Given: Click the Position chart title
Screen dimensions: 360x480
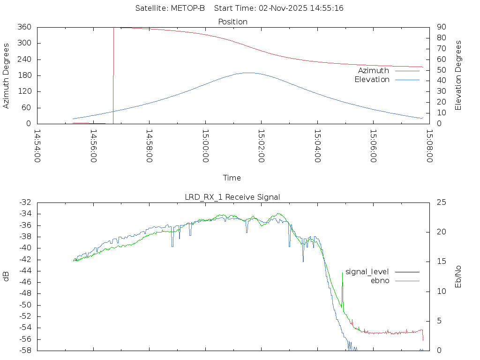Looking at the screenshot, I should click(x=232, y=22).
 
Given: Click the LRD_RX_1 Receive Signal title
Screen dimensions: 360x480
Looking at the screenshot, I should click(x=232, y=197).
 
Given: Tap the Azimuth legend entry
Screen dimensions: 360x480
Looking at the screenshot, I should click(x=374, y=71).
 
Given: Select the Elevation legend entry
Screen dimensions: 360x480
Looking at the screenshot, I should click(x=372, y=80).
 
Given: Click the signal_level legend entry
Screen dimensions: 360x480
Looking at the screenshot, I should click(x=367, y=271).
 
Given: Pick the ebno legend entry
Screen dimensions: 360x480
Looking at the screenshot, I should click(x=380, y=280).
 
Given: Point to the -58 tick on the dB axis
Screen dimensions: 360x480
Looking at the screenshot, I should click(x=24, y=351).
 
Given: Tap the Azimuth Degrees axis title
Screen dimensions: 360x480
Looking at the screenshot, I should click(x=7, y=75).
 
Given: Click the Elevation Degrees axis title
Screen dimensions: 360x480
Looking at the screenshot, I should click(x=458, y=75).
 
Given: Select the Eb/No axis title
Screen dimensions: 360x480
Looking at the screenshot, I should click(x=458, y=277).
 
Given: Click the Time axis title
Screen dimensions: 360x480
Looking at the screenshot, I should click(x=232, y=178).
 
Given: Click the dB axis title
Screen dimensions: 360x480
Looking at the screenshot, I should click(x=7, y=277).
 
